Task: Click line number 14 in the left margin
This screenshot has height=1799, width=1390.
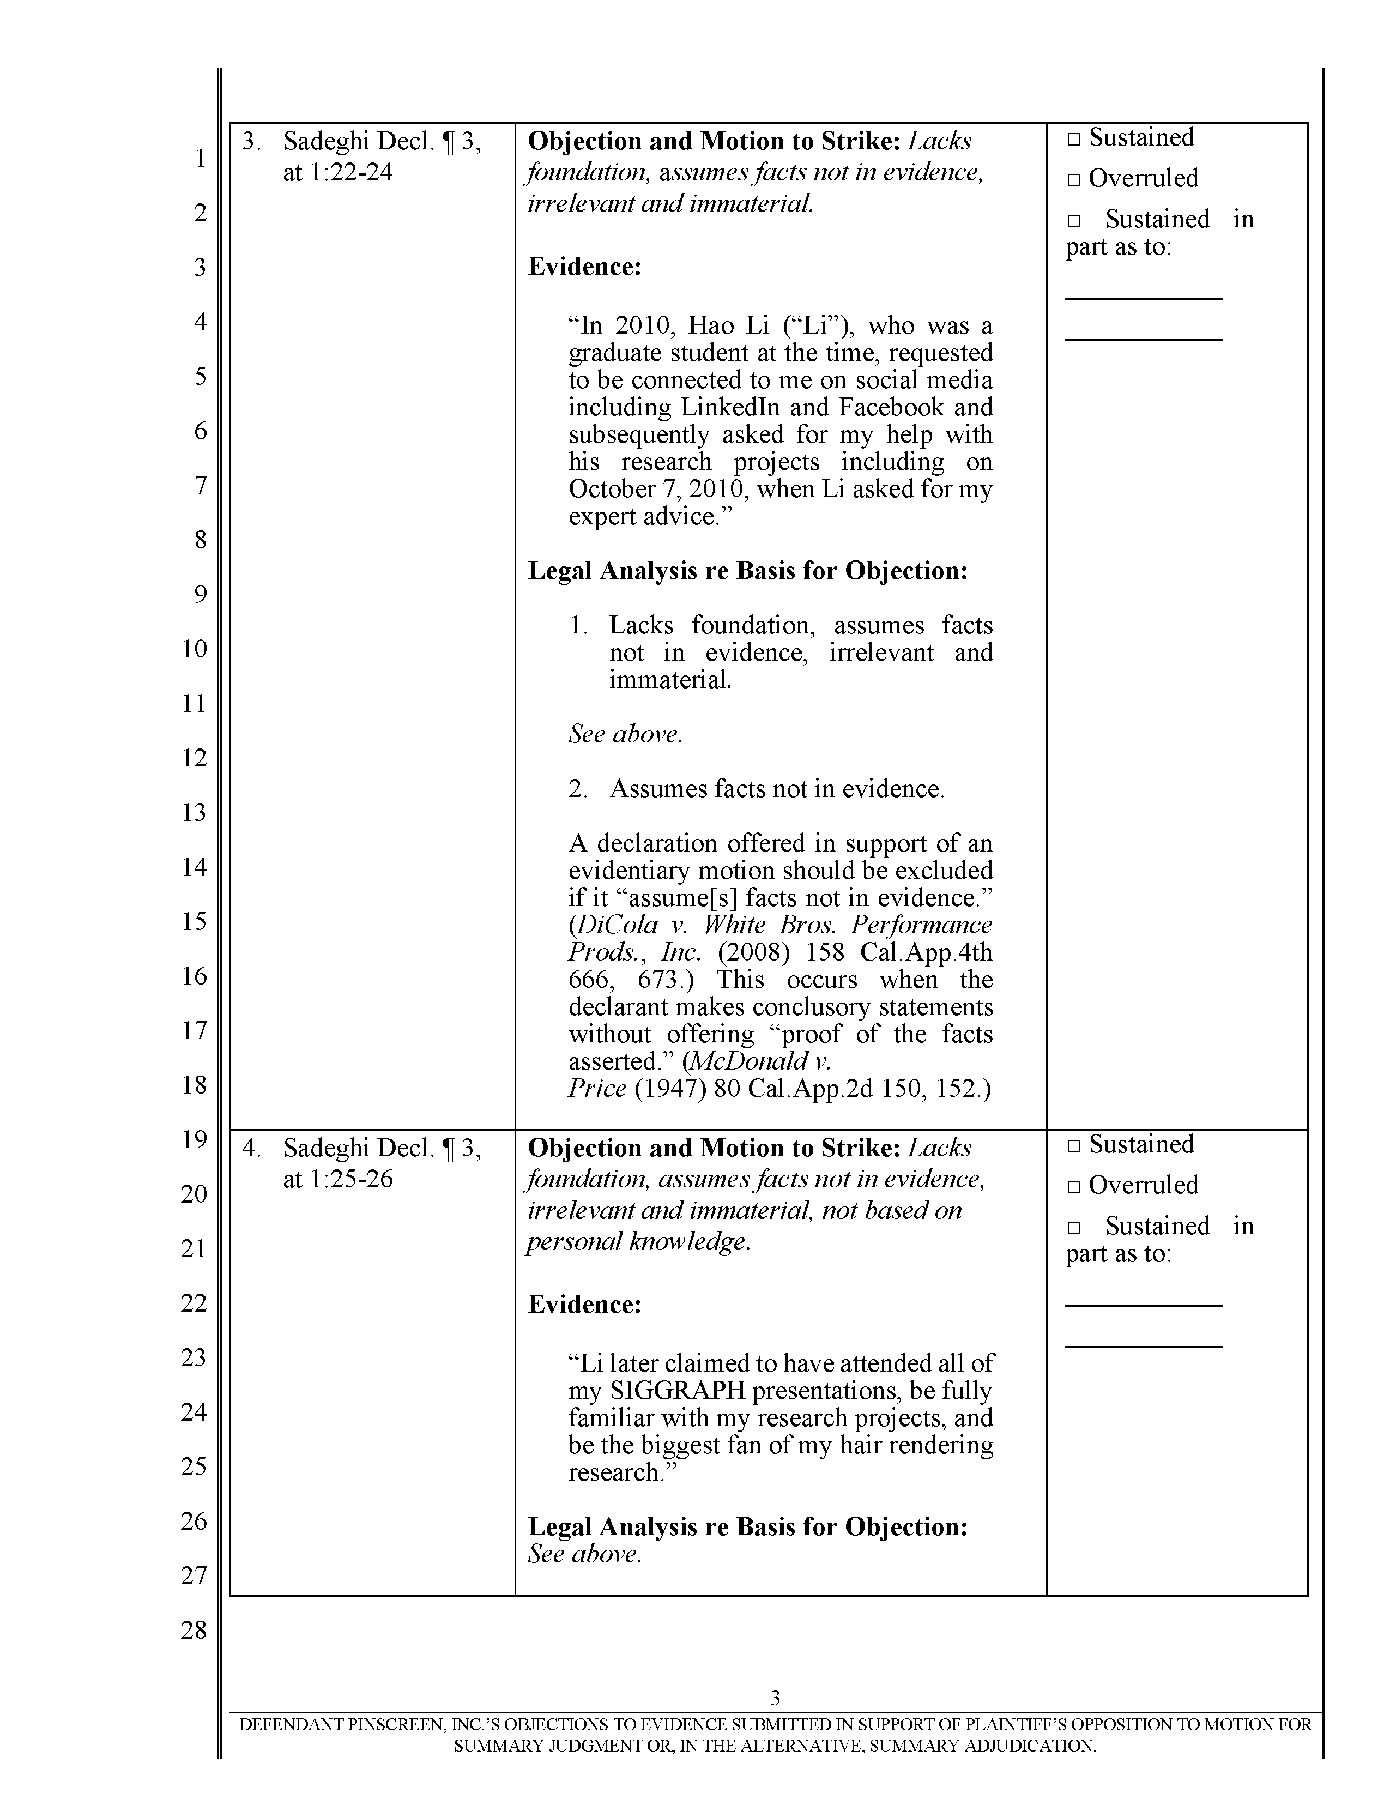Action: point(195,867)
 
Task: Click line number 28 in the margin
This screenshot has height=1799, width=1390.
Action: point(195,1630)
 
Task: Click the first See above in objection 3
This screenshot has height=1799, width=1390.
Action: point(625,734)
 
